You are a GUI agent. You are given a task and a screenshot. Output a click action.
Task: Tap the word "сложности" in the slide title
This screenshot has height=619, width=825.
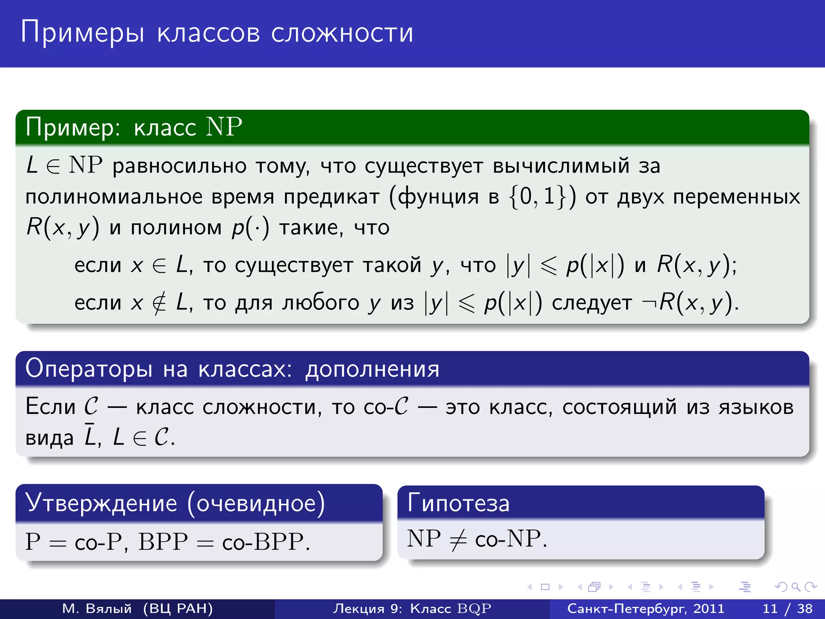pos(342,33)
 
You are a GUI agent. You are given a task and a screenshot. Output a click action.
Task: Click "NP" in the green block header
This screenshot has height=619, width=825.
pos(224,127)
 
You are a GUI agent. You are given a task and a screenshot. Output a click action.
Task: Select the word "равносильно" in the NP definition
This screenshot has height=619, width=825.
pos(179,166)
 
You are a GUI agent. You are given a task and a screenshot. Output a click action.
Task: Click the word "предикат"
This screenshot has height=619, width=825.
pos(332,197)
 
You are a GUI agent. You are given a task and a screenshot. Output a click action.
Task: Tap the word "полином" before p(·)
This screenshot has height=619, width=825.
pos(176,228)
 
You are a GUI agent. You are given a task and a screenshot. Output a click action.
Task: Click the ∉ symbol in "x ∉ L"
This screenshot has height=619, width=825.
pos(160,303)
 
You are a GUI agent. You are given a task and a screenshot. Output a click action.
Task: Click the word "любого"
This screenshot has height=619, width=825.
pos(321,303)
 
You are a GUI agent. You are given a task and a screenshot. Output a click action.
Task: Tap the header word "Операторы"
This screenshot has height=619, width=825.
pos(89,369)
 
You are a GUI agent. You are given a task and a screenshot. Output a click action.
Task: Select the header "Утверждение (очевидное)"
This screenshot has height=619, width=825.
pos(175,503)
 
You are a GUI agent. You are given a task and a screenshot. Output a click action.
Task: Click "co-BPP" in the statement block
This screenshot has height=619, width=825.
pos(263,542)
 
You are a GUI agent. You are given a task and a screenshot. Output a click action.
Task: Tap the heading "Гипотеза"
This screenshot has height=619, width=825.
pos(458,503)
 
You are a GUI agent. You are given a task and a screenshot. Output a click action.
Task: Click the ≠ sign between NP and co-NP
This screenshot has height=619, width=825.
pos(458,539)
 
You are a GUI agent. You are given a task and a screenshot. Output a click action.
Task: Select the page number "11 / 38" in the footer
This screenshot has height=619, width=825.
pos(787,609)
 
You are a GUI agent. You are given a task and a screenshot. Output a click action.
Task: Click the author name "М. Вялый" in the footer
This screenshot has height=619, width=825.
pos(97,609)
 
